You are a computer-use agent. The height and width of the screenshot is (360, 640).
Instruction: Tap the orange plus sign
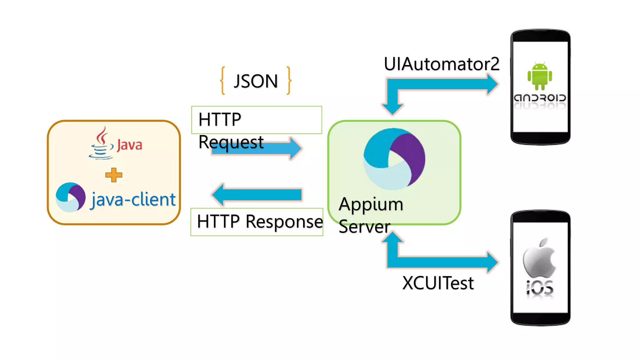[x=114, y=175]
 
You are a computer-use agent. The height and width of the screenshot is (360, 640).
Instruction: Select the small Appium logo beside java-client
[x=71, y=197]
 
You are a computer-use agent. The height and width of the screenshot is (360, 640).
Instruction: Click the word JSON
[x=256, y=81]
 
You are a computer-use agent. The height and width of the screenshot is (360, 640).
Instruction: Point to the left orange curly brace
[x=223, y=80]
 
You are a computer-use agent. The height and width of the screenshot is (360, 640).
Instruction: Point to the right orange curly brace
[x=289, y=80]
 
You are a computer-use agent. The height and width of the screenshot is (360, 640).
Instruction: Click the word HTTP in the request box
[x=220, y=120]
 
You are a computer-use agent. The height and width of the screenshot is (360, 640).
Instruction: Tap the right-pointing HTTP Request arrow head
[x=295, y=148]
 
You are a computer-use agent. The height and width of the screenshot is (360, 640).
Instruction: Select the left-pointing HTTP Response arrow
[x=256, y=194]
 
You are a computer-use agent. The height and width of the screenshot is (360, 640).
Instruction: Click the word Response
[x=284, y=222]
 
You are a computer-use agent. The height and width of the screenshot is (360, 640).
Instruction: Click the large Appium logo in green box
[x=394, y=159]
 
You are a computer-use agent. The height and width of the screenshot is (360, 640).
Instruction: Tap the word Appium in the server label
[x=371, y=204]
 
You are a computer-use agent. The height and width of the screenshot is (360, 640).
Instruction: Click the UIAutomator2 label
[x=442, y=64]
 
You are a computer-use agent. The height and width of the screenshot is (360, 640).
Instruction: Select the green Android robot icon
[x=540, y=76]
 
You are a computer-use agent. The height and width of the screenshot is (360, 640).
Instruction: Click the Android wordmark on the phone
[x=540, y=98]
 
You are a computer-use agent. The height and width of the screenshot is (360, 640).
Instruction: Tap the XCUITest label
[x=438, y=283]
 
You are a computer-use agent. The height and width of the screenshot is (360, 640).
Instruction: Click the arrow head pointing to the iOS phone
[x=492, y=262]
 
